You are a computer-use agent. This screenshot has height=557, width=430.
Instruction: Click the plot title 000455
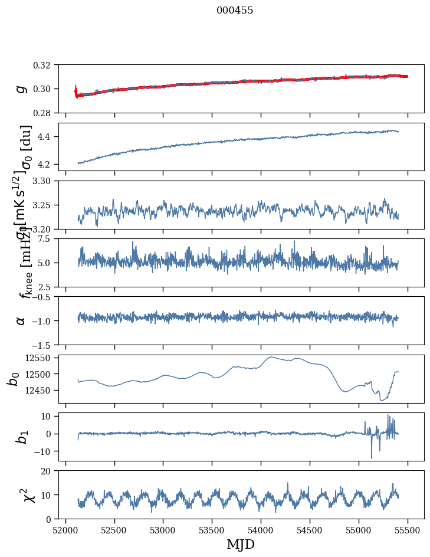(235, 11)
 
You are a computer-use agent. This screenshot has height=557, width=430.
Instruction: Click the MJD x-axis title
(241, 544)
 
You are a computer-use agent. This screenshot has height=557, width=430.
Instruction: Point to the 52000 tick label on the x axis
(65, 530)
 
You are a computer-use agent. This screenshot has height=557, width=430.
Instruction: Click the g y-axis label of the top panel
(21, 89)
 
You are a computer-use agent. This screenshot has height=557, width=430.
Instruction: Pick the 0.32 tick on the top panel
(46, 65)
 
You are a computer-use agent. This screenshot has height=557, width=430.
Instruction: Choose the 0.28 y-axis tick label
(46, 113)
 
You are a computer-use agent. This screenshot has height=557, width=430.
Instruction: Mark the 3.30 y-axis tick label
(46, 181)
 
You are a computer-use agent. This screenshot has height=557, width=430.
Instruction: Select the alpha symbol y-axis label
(21, 320)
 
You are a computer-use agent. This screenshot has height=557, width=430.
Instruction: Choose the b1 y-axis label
(21, 437)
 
